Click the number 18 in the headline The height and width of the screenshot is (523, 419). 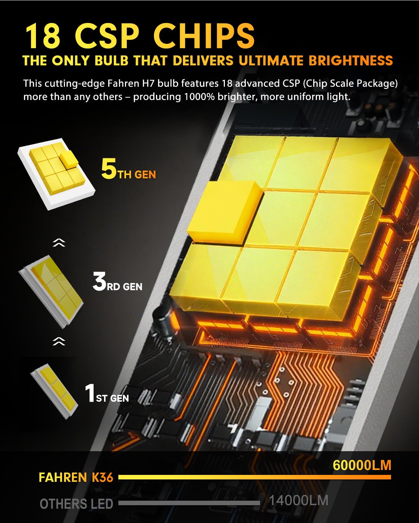click(x=43, y=36)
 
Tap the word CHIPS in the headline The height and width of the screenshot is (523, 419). click(x=204, y=36)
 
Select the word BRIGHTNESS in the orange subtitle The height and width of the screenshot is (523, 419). click(x=351, y=61)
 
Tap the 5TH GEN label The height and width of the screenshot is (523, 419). click(x=128, y=170)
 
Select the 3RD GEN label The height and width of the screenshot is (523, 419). click(x=117, y=282)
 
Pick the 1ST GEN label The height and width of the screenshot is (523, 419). click(x=107, y=394)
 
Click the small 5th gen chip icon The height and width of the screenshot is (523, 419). click(x=56, y=173)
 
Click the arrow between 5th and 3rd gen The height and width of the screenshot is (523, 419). click(x=59, y=243)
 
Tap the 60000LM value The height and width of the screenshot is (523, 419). click(x=362, y=465)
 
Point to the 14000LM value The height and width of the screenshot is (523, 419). click(x=299, y=501)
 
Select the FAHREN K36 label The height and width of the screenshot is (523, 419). click(x=76, y=477)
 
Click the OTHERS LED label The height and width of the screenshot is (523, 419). click(x=76, y=504)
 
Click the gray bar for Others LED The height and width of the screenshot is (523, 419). click(x=189, y=503)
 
